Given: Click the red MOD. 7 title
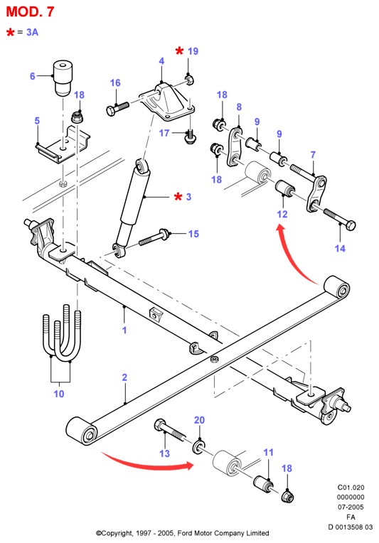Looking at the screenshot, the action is click(30, 12).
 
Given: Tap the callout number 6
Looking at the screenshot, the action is click(32, 76).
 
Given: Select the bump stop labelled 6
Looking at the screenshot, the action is click(63, 78).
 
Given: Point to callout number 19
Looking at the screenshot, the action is click(193, 51).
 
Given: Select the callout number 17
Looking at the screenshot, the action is click(164, 133).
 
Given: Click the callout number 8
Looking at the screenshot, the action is click(239, 107).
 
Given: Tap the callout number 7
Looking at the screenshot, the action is click(313, 154).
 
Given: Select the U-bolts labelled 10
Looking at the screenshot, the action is click(63, 333).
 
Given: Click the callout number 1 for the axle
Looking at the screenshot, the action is click(124, 330).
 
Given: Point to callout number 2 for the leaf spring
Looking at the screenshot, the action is click(124, 377).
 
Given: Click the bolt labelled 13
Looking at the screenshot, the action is click(169, 431).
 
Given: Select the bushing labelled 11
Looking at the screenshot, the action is click(264, 483).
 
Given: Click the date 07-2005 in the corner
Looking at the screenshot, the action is click(351, 507).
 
